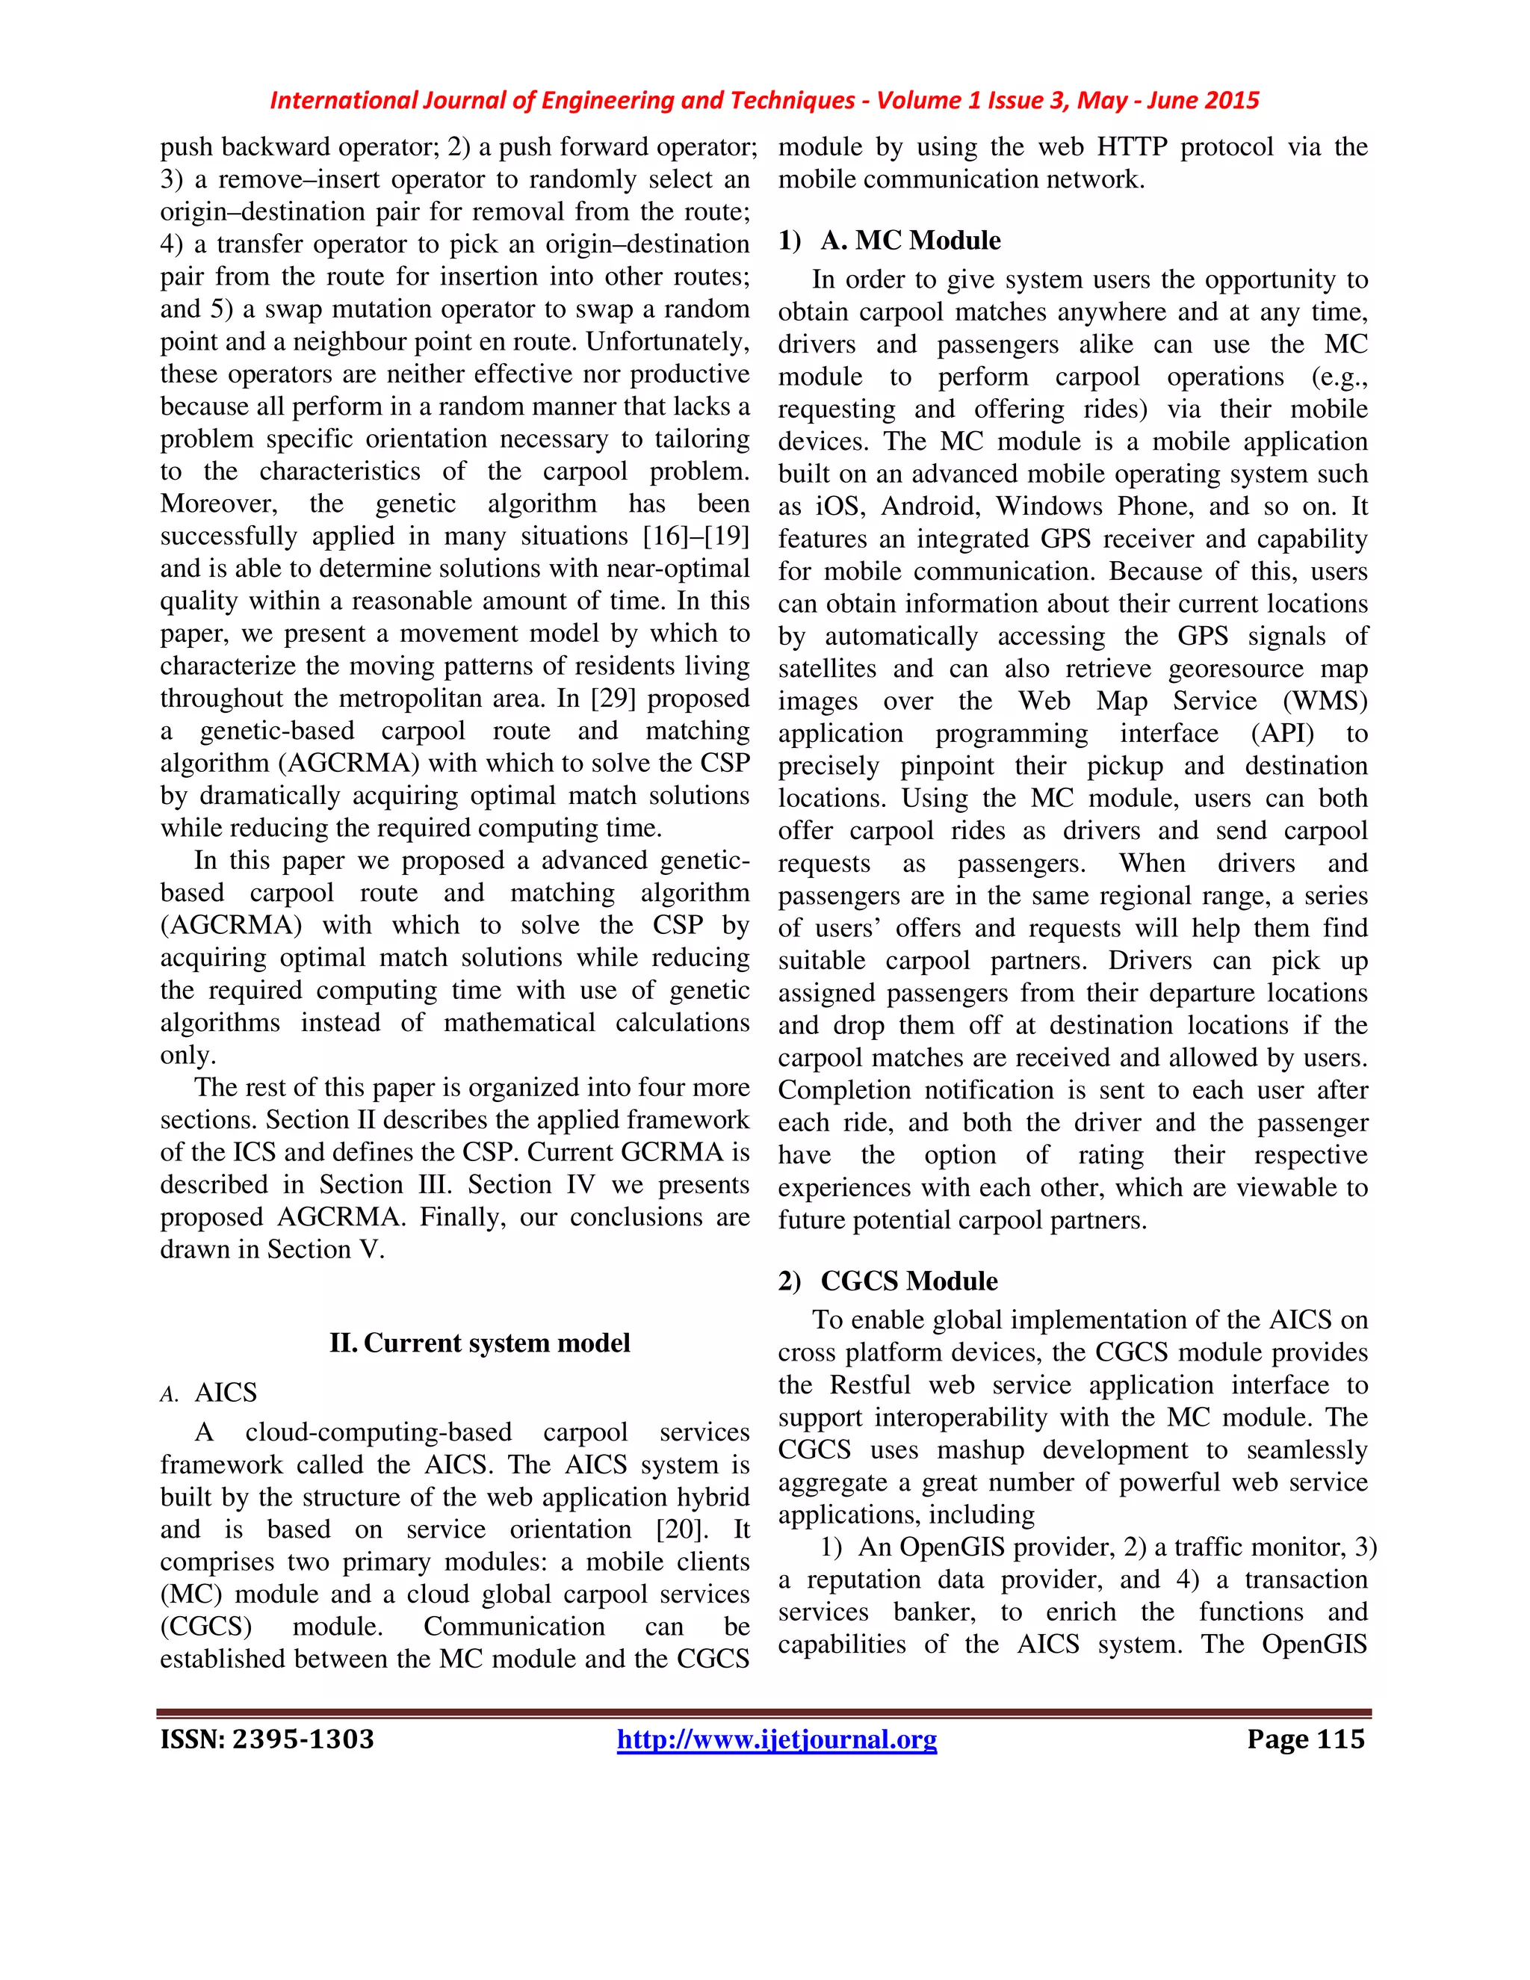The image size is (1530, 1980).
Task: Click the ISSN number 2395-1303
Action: pos(267,1739)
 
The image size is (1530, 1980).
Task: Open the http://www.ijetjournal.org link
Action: pos(776,1739)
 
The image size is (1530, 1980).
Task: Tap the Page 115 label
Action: pos(1304,1739)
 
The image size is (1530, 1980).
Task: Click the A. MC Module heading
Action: pos(910,241)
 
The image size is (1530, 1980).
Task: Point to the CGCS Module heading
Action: pos(908,1281)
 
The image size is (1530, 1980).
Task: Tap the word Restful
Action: pos(870,1385)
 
